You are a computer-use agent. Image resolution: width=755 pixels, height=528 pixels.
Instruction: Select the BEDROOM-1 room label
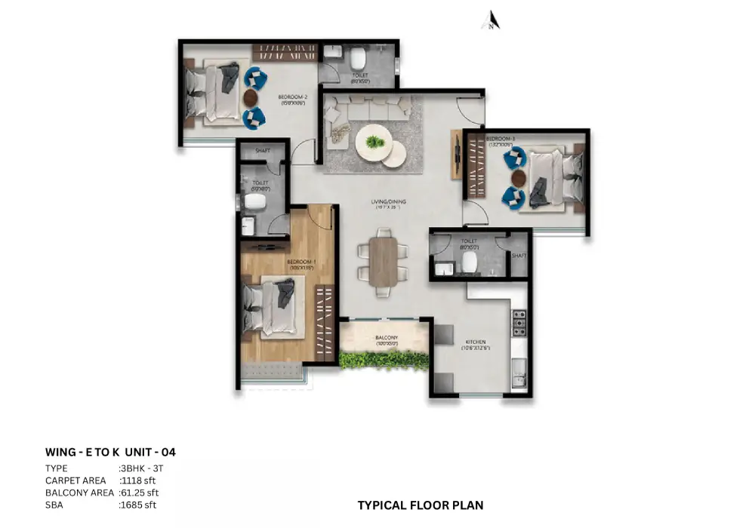click(300, 262)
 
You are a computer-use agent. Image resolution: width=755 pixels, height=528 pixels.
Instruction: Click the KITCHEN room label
click(475, 342)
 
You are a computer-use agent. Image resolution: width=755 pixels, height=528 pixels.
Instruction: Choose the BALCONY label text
click(387, 338)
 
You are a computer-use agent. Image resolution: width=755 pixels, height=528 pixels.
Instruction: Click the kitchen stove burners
click(519, 322)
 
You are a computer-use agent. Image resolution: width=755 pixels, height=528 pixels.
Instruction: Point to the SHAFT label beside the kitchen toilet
click(519, 255)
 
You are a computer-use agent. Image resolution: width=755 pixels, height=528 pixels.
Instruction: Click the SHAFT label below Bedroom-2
click(262, 151)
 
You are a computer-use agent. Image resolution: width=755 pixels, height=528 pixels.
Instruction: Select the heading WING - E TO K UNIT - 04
click(111, 453)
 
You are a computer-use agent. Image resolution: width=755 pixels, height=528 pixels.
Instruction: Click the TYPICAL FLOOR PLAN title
click(420, 505)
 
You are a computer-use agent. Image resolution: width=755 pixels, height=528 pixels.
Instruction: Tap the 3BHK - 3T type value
click(143, 468)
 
